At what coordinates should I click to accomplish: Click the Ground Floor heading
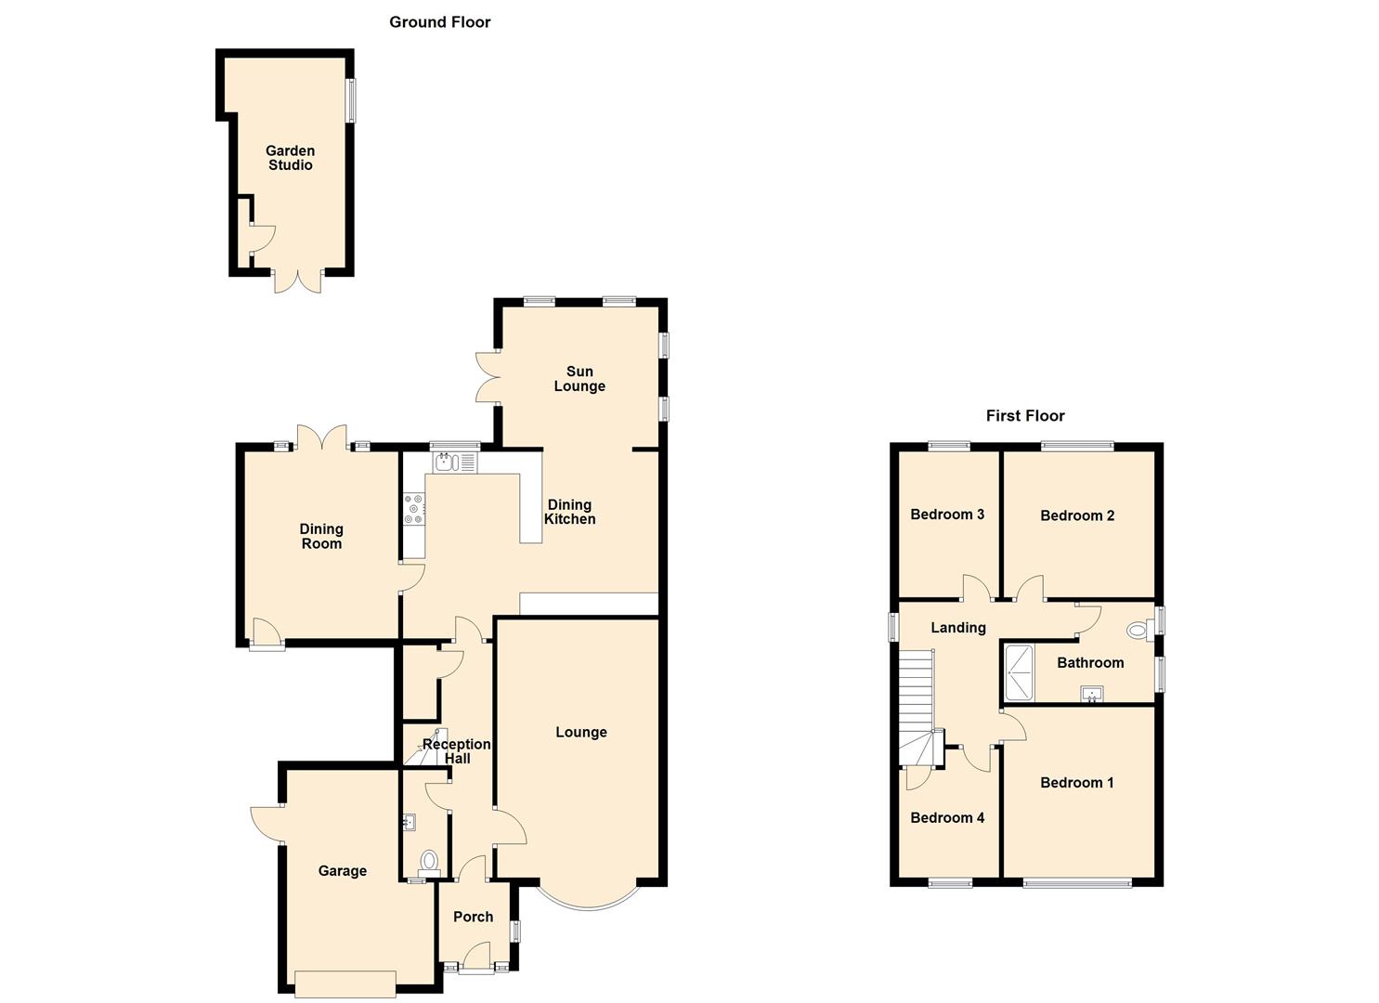coord(439,22)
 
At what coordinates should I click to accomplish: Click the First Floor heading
coord(1025,416)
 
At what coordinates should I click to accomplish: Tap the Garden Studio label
coord(290,158)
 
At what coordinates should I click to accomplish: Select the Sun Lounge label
coord(579,379)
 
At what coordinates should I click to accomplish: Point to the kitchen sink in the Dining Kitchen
coord(454,462)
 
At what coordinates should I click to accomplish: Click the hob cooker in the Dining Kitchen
coord(414,509)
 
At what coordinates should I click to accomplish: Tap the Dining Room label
coord(320,536)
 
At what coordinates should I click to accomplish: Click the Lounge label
coord(581,732)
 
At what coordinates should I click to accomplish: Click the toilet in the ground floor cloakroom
coord(429,863)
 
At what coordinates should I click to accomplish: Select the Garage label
coord(343,870)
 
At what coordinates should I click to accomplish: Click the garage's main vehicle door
coord(345,983)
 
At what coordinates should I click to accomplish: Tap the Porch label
coord(473,917)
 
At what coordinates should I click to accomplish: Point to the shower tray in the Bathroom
coord(1020,672)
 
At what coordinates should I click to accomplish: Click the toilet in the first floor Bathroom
coord(1140,630)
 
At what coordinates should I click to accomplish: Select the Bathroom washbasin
coord(1092,694)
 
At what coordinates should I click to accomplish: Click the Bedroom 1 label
coord(1076,783)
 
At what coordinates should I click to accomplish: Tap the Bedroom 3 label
coord(947,515)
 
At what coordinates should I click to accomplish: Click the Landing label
coord(958,628)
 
